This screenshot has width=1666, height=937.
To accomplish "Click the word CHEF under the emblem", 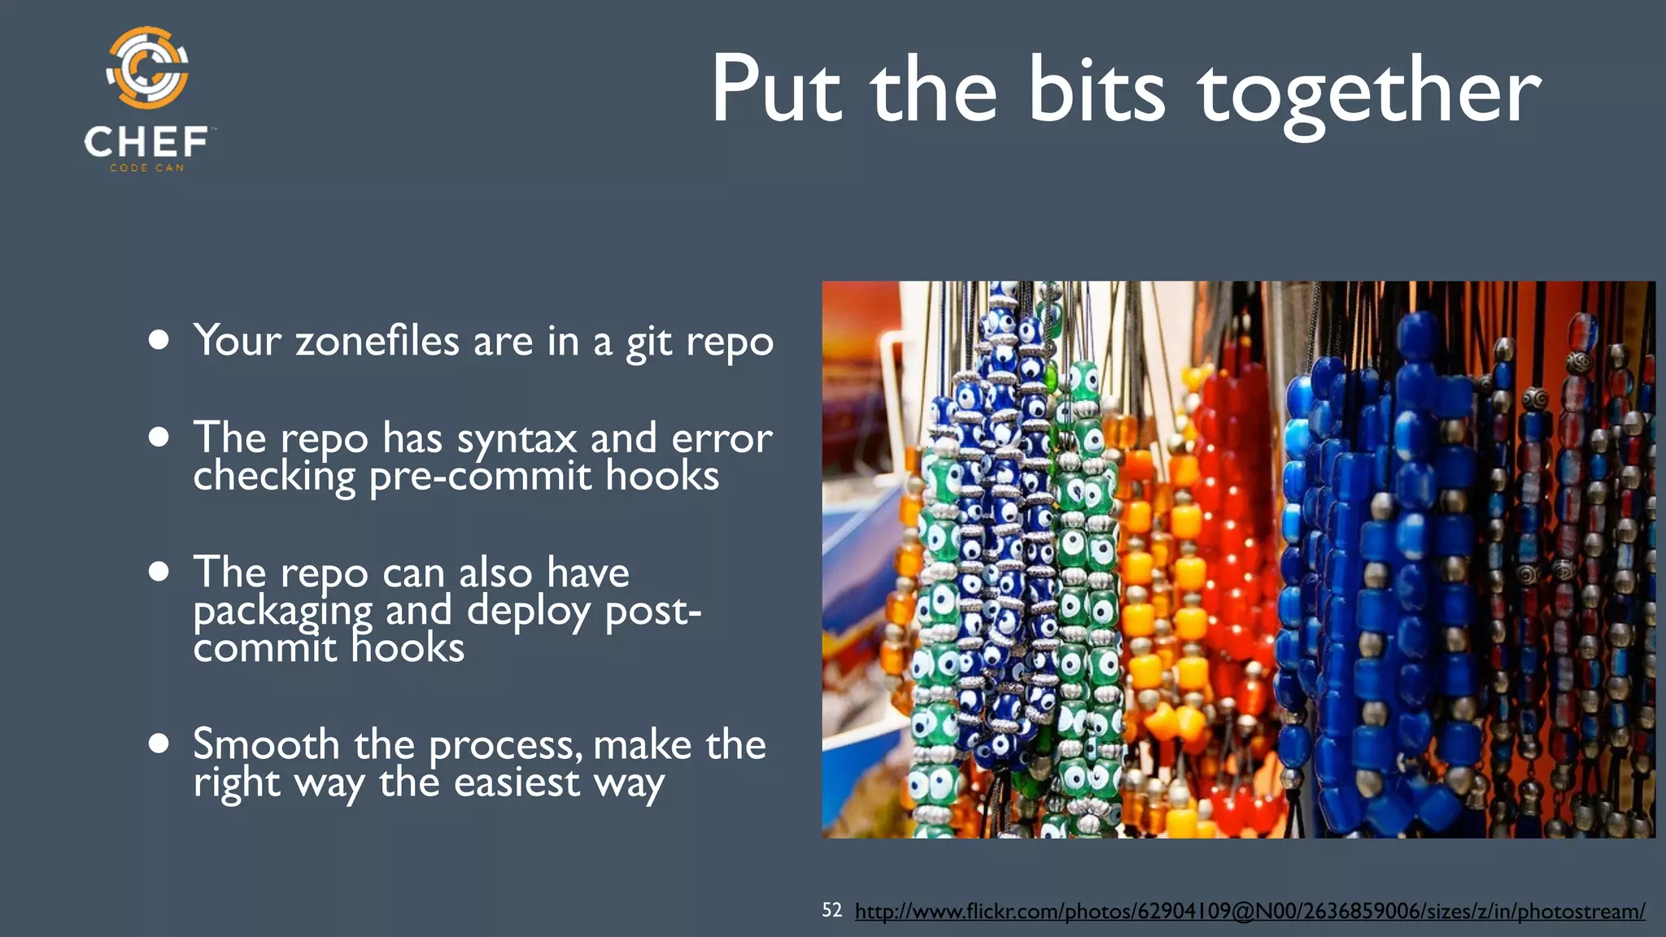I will click(x=146, y=142).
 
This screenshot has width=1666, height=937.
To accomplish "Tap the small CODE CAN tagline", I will click(x=147, y=168).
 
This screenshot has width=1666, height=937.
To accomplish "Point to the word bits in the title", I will click(x=1097, y=89).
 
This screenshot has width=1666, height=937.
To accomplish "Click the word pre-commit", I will click(x=479, y=476).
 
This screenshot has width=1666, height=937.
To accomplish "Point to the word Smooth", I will click(x=266, y=744).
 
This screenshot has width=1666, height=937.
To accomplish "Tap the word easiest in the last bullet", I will click(x=517, y=782).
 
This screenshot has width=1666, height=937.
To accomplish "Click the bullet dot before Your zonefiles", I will click(x=159, y=339).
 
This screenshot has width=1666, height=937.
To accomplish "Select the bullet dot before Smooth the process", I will click(x=159, y=743).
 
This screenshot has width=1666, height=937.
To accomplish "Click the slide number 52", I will click(x=831, y=910).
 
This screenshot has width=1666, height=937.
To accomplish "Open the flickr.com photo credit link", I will click(x=1249, y=911).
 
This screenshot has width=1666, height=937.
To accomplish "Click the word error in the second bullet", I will click(x=722, y=439).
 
